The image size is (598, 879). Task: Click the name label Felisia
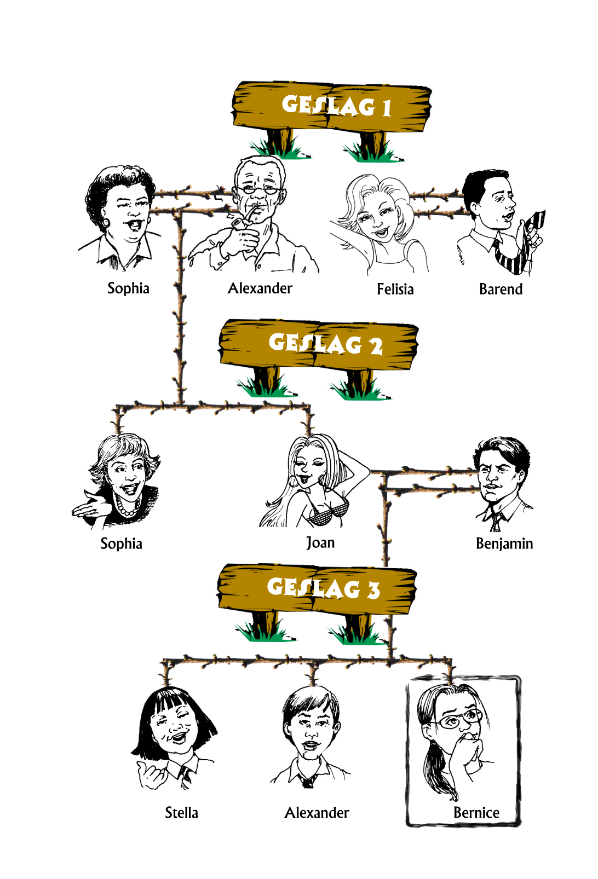point(395,289)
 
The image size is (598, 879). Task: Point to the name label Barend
point(501,289)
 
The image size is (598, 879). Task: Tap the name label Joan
point(320,543)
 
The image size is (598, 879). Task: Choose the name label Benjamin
point(504,544)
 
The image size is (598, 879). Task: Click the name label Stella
point(181,812)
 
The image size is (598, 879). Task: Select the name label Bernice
point(476,812)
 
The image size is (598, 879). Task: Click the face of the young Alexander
point(312,728)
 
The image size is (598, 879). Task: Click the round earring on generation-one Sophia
point(106,223)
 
